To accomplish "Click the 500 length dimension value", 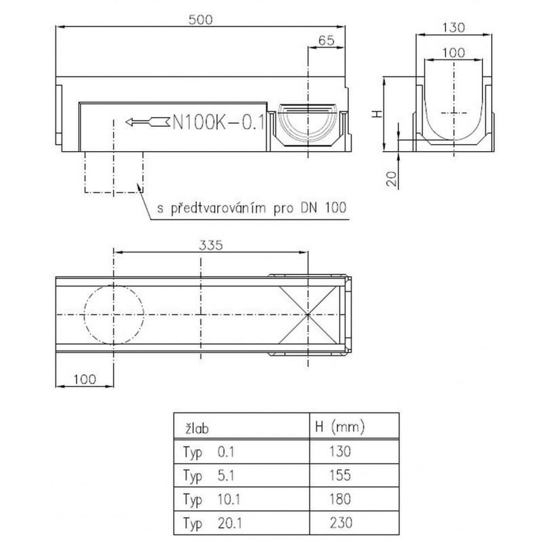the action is coord(201,20).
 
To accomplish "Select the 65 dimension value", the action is coord(327,41).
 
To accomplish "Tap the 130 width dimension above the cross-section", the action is coord(453,27).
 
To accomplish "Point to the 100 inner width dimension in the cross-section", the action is coord(453,53).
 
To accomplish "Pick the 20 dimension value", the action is coord(392,179).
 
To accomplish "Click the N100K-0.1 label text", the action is coord(218,122).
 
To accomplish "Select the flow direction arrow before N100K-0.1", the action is coord(147,122).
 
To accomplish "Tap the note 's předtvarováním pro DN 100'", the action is coord(251,208).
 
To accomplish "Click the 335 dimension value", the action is coord(211,245).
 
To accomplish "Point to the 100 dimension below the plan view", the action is coord(85,379).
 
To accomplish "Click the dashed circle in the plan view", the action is coord(114,314).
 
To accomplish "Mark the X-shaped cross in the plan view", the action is coord(308,315).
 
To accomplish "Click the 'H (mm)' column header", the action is coord(340,428).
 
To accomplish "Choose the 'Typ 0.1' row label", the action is coord(209,452).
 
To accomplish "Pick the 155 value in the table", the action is coord(340,476).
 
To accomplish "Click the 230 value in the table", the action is coord(341,522).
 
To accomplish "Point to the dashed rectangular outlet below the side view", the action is coord(114,172).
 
